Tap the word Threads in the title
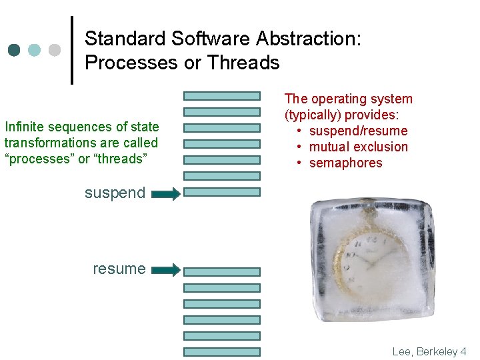pos(243,63)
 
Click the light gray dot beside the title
pos(55,50)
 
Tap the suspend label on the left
pos(115,193)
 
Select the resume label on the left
pos(119,269)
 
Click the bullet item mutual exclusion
pos(359,147)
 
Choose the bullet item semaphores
pos(345,163)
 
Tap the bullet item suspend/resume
pos(358,131)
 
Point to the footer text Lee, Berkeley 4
pos(429,351)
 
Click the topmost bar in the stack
pos(221,96)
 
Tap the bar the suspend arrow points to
pos(221,192)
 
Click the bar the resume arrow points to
pos(221,272)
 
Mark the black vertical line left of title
pos(72,50)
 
